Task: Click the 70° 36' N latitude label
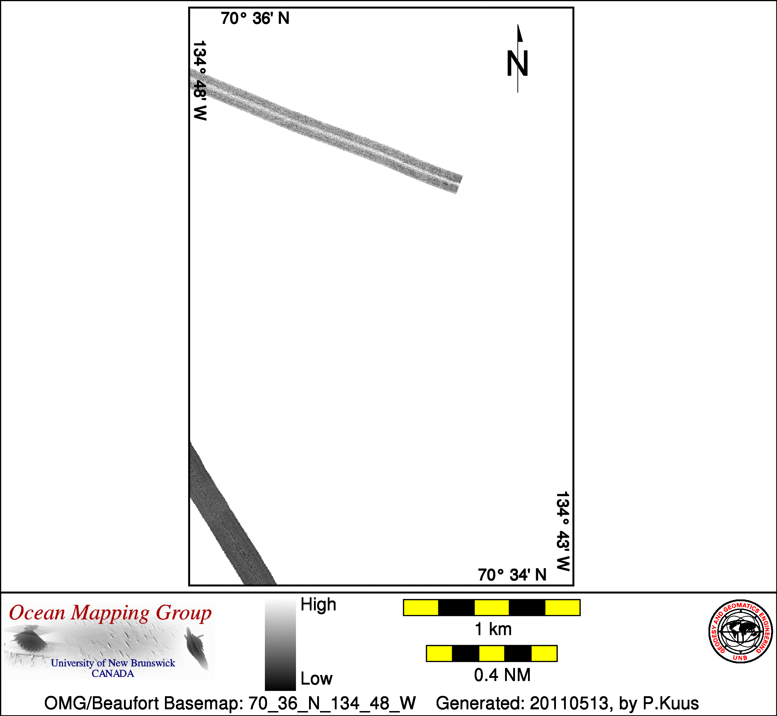255,19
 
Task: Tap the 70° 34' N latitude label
512,575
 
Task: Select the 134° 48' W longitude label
200,81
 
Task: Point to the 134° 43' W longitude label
563,531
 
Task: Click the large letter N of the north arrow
517,63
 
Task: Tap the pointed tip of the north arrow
518,24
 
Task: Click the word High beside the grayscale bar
318,604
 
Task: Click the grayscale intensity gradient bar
280,644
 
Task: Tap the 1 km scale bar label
493,629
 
